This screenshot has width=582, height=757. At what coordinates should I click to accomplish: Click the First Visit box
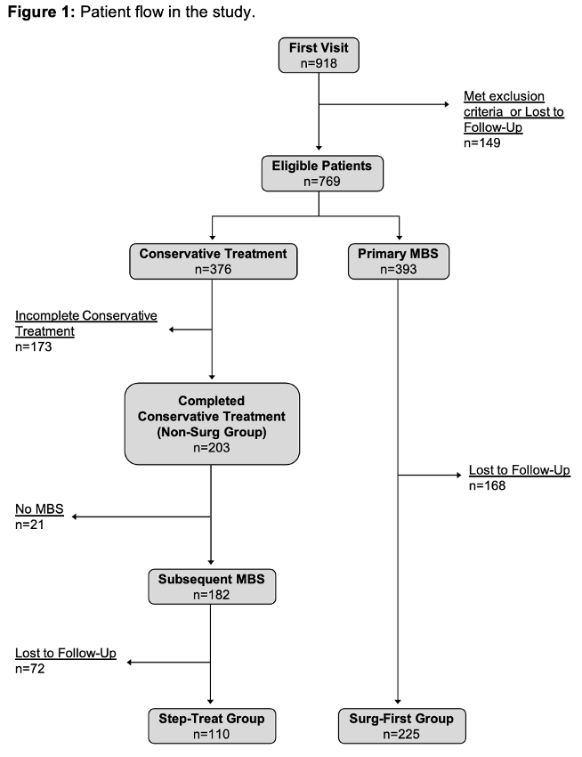coord(319,54)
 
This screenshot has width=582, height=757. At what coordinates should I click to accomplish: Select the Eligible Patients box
coord(319,173)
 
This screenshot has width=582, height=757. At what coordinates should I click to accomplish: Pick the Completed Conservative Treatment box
coord(211,423)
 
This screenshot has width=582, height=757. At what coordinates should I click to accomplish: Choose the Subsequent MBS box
coord(212,585)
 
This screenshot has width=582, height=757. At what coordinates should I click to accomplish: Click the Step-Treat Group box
coord(212,726)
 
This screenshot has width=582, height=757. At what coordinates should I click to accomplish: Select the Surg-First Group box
coord(396,726)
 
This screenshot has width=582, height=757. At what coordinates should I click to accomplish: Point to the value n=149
coord(482,142)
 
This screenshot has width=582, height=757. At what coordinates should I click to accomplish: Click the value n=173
coord(34,347)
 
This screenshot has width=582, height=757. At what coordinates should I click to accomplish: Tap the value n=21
coord(30,525)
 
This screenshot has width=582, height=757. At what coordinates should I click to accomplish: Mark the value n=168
coord(488,486)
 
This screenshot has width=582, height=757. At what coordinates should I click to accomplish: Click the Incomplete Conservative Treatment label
coord(85,323)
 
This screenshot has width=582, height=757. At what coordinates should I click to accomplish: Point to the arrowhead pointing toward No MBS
coord(77,517)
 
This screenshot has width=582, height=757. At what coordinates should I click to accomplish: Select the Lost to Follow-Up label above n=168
coord(519,470)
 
